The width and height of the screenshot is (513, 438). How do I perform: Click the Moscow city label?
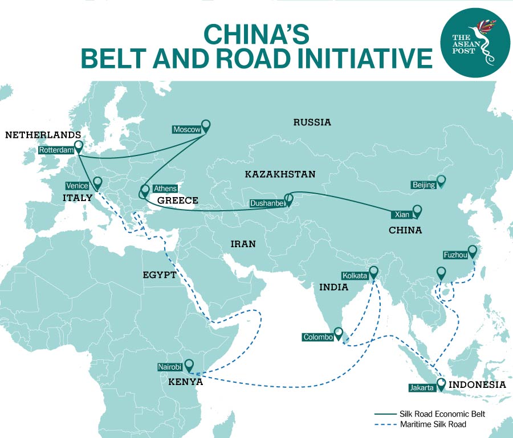(x=187, y=130)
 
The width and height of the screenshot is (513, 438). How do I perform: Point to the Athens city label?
(x=165, y=189)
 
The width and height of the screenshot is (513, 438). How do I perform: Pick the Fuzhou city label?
(x=455, y=255)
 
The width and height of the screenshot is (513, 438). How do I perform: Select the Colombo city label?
(x=318, y=337)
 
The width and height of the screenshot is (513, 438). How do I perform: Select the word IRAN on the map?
(x=243, y=244)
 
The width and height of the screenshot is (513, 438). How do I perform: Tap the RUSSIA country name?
(x=312, y=122)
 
